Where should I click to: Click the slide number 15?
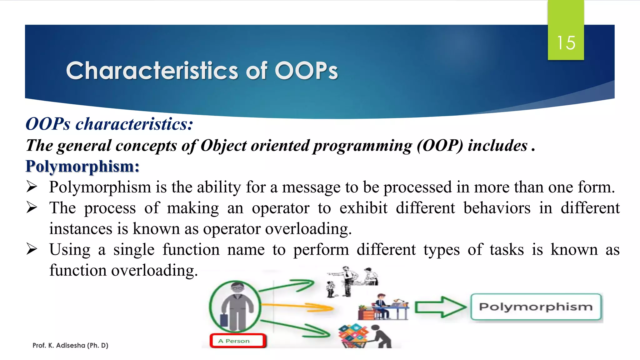pos(566,43)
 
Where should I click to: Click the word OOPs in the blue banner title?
pos(306,71)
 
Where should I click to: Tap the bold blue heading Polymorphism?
pos(82,166)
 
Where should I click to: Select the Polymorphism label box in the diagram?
pos(536,307)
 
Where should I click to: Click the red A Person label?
pos(237,341)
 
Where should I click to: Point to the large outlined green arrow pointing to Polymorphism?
pos(440,307)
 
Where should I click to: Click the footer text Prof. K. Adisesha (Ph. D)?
pos(70,345)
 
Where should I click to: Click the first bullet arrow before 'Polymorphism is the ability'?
pos(32,187)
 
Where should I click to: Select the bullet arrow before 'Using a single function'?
pos(32,249)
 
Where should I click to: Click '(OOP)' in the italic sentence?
pos(440,146)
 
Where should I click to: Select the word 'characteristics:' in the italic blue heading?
pos(134,124)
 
